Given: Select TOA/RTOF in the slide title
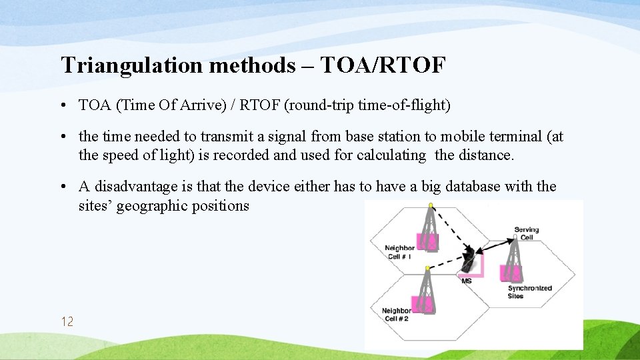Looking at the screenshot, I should pos(383,65).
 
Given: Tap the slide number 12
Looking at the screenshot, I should pos(67,322).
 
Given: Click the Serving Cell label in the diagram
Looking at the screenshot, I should pos(527,233).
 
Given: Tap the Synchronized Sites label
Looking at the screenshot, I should pos(529,291).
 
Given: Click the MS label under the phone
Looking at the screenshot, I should pos(467,281).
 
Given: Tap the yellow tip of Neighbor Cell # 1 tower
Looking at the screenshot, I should pos(431,205).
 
